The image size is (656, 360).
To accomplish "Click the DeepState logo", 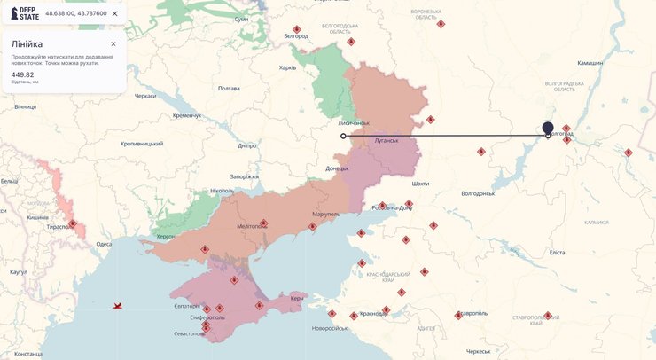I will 24,13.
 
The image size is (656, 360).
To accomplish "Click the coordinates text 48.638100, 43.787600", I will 76,13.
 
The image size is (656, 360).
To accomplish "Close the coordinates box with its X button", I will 114,13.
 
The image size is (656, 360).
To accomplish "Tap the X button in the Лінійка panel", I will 113,43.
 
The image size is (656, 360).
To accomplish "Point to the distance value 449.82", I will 22,74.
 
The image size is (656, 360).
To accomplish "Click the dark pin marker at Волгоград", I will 548,129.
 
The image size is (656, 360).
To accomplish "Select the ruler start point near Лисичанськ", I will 343,136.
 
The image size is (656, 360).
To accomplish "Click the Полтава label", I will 229,88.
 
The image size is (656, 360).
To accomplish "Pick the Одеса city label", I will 104,244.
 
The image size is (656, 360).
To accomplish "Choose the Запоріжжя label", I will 245,176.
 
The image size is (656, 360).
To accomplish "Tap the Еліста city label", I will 557,253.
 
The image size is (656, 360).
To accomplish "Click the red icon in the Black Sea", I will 117,306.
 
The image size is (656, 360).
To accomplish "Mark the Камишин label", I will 590,63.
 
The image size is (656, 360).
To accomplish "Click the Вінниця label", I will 25,106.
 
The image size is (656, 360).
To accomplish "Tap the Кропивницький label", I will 142,143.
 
